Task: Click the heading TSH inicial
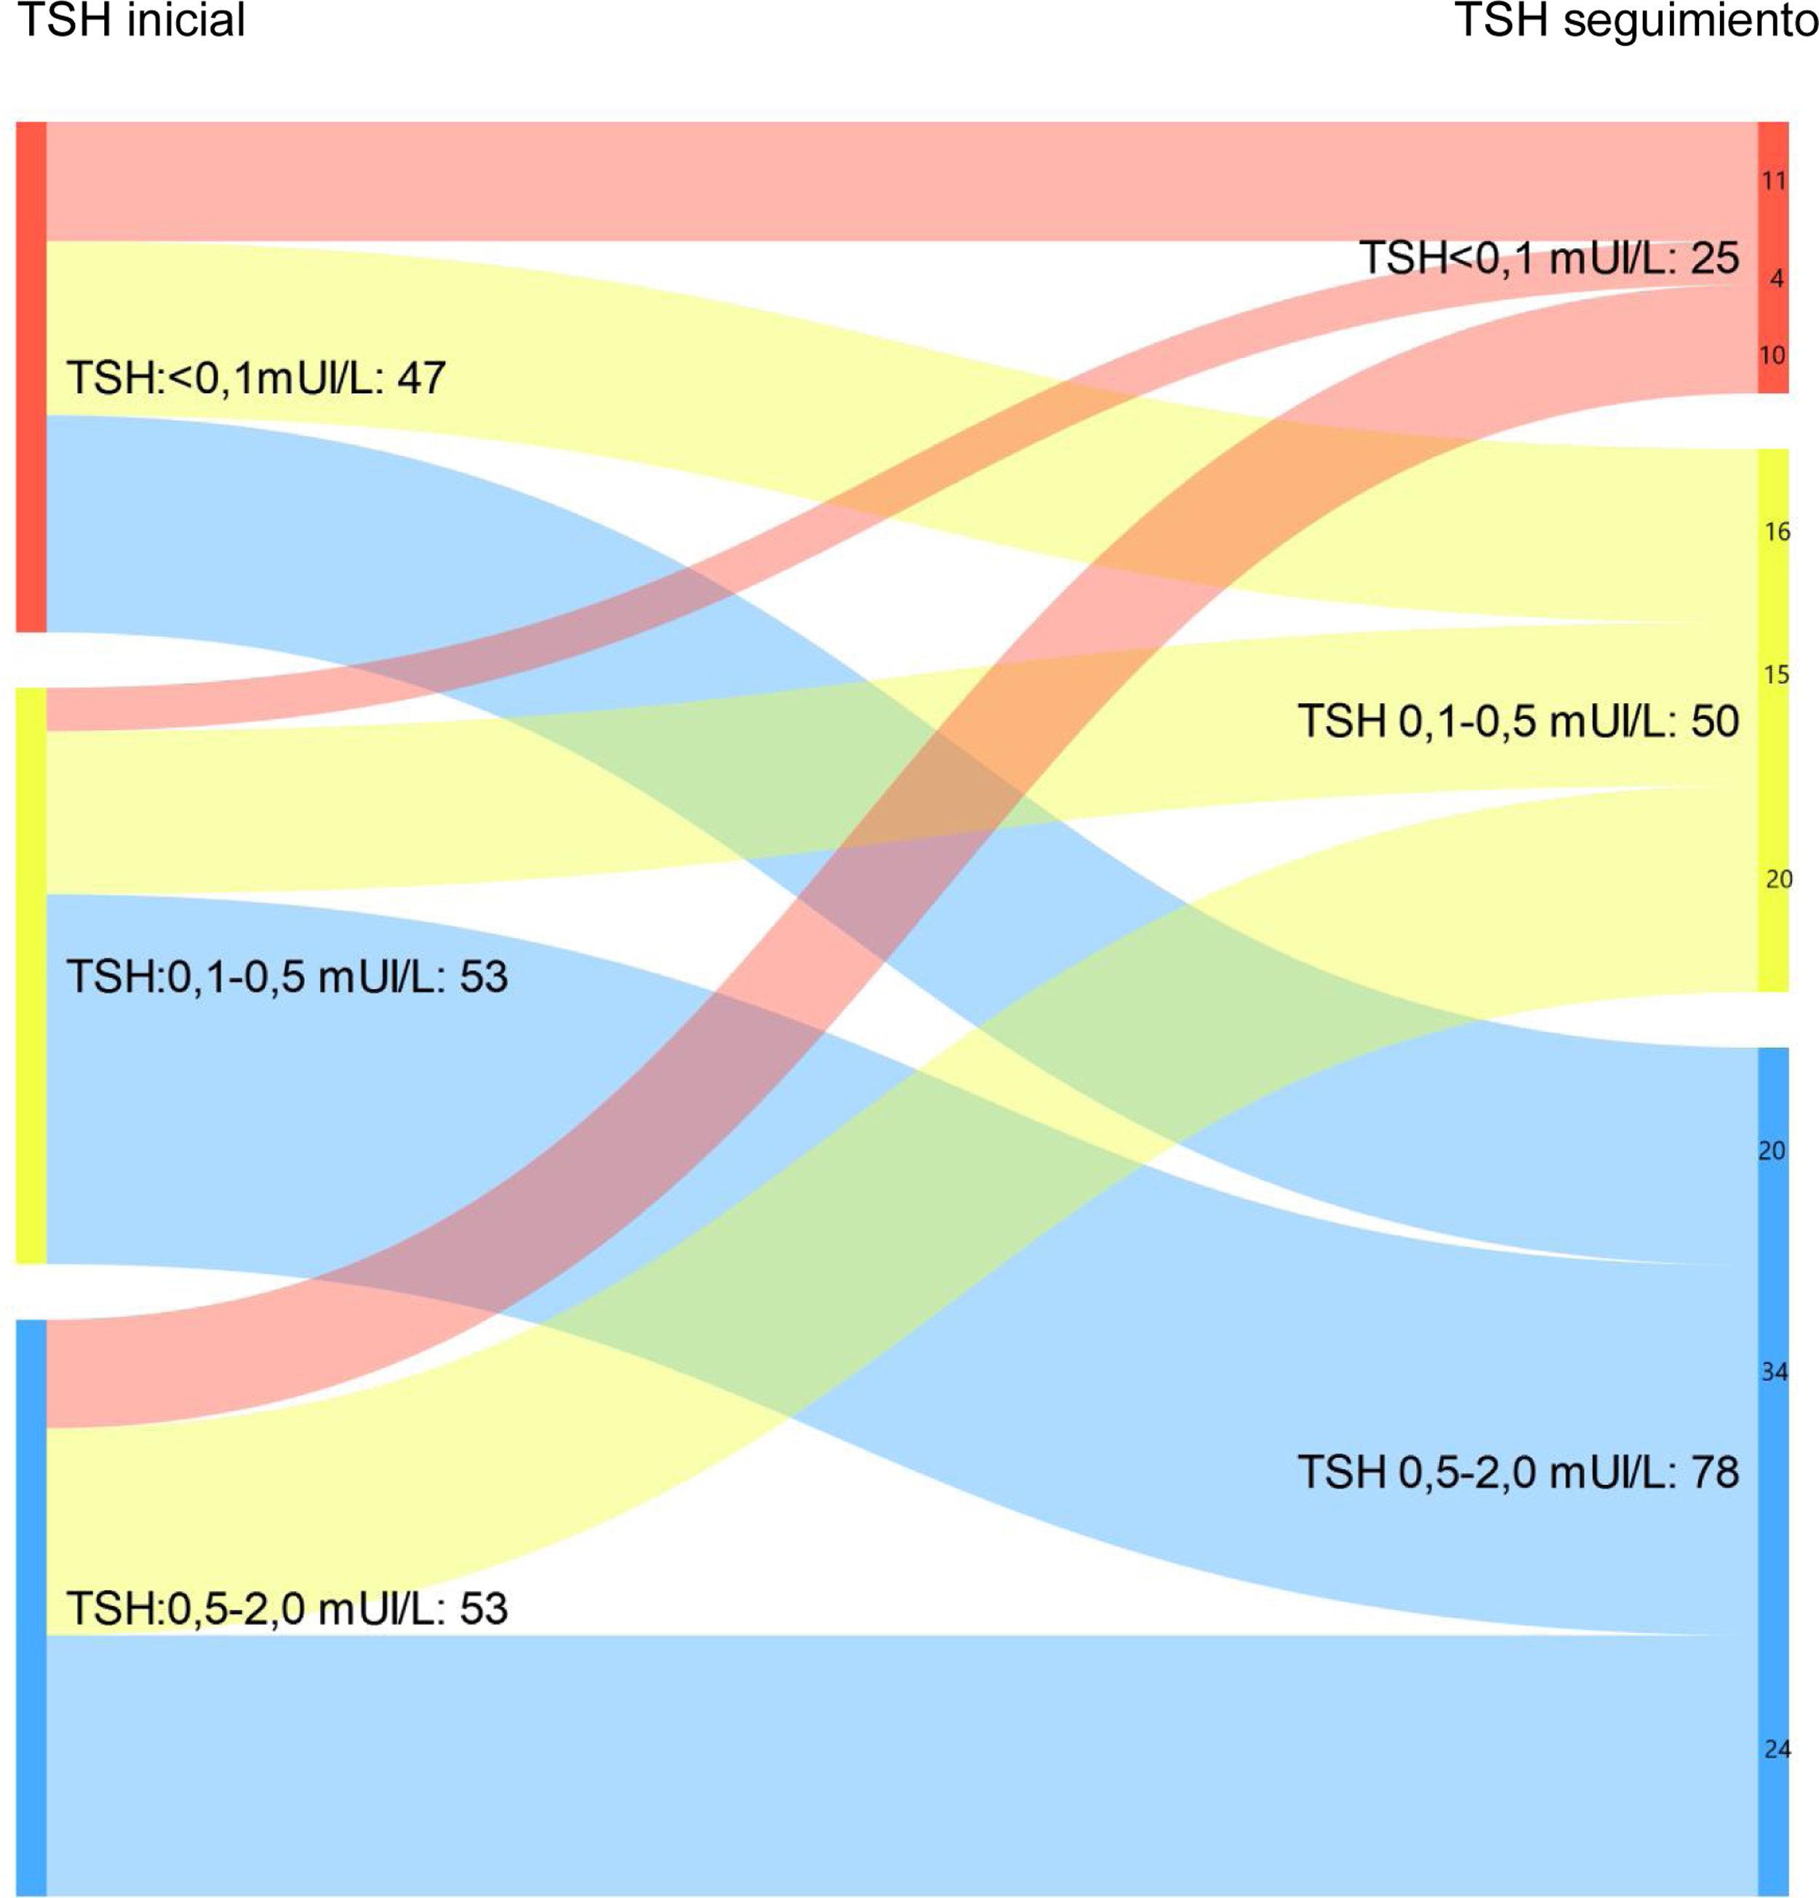click(132, 20)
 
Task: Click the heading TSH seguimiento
click(1636, 20)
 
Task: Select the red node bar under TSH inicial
click(31, 377)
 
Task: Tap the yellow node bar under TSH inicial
click(31, 975)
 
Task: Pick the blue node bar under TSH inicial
click(31, 1608)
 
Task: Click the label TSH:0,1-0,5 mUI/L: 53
click(287, 976)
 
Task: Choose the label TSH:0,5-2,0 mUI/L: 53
click(287, 1608)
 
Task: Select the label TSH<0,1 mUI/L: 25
click(1549, 258)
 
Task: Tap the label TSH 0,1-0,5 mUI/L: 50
click(1518, 721)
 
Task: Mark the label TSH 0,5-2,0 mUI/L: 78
click(1518, 1473)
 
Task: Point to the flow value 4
click(1776, 279)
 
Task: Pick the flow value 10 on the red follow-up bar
click(1772, 355)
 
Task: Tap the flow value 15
click(1776, 675)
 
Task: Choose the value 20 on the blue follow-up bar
click(1772, 1151)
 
